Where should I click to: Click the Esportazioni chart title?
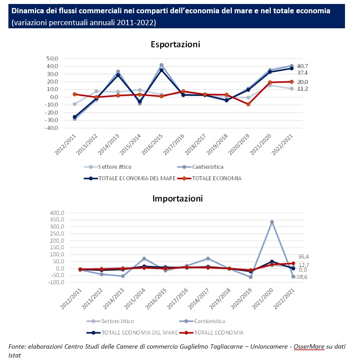pyautogui.click(x=175, y=44)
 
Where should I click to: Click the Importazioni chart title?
pyautogui.click(x=178, y=198)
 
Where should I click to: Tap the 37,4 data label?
pyautogui.click(x=303, y=72)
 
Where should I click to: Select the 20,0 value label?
pyautogui.click(x=303, y=82)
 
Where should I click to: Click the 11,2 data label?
pyautogui.click(x=303, y=89)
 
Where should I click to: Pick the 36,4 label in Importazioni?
pyautogui.click(x=303, y=256)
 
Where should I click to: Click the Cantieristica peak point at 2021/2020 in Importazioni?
pyautogui.click(x=272, y=222)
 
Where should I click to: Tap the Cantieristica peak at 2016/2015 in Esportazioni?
pyautogui.click(x=161, y=65)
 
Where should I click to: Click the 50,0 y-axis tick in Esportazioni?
pyautogui.click(x=52, y=58)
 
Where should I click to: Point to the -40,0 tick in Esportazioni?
pyautogui.click(x=51, y=128)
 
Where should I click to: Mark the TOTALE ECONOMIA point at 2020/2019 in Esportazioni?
pyautogui.click(x=248, y=104)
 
